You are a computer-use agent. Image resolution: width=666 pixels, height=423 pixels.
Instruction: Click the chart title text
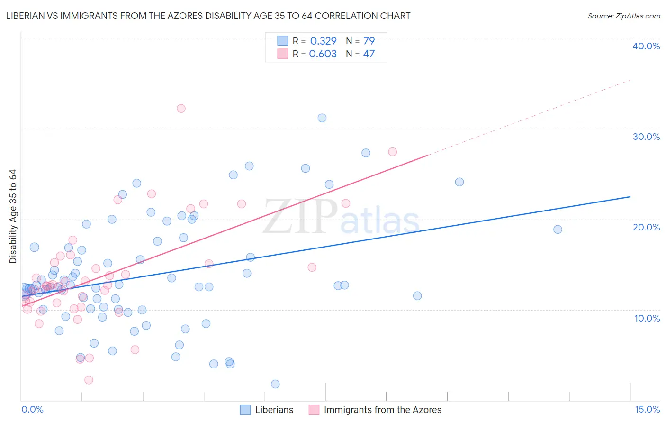pyautogui.click(x=208, y=16)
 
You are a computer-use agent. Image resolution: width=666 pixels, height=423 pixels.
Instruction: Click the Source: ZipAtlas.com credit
pyautogui.click(x=623, y=16)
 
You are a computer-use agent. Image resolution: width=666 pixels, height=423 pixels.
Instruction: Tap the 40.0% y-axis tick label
pyautogui.click(x=646, y=46)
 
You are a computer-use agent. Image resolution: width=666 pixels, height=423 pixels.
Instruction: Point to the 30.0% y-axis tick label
pyautogui.click(x=646, y=137)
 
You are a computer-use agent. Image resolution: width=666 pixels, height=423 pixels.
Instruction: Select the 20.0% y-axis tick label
pyautogui.click(x=646, y=227)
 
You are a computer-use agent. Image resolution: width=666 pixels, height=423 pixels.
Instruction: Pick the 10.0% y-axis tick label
pyautogui.click(x=647, y=318)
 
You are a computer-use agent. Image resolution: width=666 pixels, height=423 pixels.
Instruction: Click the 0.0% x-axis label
pyautogui.click(x=32, y=409)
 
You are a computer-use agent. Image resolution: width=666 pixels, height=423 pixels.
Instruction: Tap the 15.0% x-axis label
pyautogui.click(x=647, y=409)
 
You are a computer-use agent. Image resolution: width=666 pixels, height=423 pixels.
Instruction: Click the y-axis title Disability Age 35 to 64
pyautogui.click(x=13, y=216)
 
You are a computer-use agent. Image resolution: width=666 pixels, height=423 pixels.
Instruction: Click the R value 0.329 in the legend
pyautogui.click(x=323, y=41)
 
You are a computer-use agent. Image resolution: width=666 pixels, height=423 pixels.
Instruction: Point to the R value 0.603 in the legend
pyautogui.click(x=323, y=54)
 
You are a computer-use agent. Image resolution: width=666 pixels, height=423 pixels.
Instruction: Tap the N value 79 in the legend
pyautogui.click(x=369, y=41)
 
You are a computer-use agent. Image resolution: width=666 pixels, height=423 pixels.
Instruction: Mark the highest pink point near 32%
pyautogui.click(x=181, y=108)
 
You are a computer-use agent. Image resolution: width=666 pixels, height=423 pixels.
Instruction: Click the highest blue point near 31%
pyautogui.click(x=322, y=118)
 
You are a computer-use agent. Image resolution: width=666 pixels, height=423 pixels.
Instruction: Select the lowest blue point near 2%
pyautogui.click(x=275, y=384)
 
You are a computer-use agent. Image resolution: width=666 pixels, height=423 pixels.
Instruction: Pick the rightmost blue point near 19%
pyautogui.click(x=558, y=230)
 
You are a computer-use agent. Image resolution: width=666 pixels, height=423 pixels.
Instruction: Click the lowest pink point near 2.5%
pyautogui.click(x=89, y=380)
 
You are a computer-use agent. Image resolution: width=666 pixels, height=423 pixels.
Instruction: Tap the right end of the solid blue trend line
pyautogui.click(x=630, y=196)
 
